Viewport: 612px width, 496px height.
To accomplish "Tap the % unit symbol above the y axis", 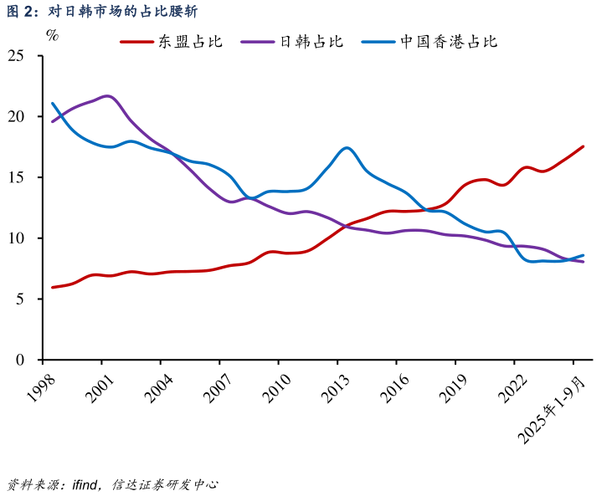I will (x=52, y=35).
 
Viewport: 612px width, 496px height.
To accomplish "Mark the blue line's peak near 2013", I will (x=347, y=148).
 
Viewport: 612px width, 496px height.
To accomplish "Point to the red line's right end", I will (x=583, y=146).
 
